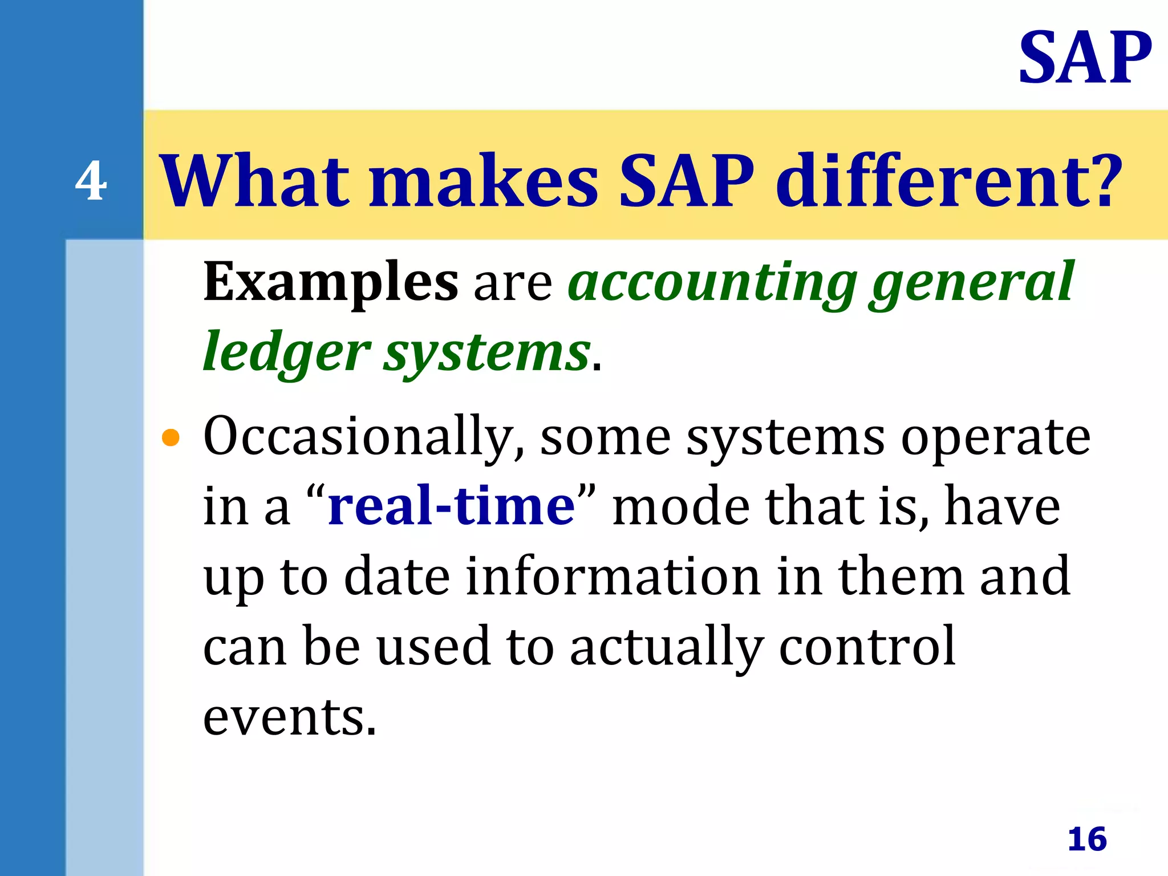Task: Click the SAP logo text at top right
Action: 1085,58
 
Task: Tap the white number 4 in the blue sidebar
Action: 91,181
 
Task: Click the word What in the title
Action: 254,181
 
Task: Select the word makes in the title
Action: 484,181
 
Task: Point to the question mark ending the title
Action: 1105,181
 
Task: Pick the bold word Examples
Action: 330,282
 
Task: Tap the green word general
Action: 972,282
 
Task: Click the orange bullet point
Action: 171,438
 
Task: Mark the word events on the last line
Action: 290,717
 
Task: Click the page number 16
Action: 1087,839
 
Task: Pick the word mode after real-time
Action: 681,506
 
